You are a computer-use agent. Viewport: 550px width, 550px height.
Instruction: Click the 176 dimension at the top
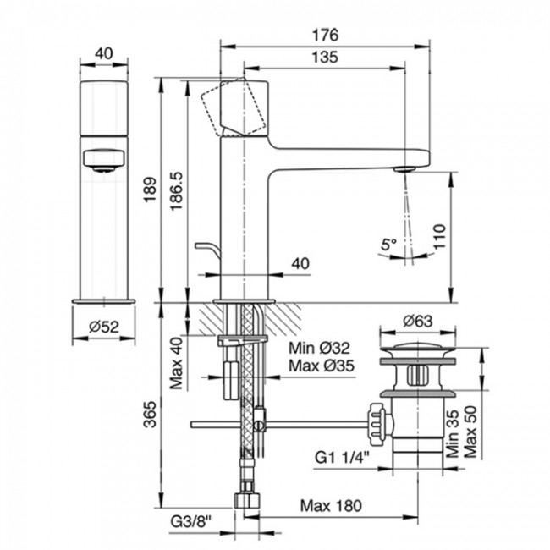click(326, 35)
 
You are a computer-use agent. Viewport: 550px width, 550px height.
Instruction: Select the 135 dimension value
click(326, 58)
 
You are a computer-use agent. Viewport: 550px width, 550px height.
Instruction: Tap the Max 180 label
click(333, 506)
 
